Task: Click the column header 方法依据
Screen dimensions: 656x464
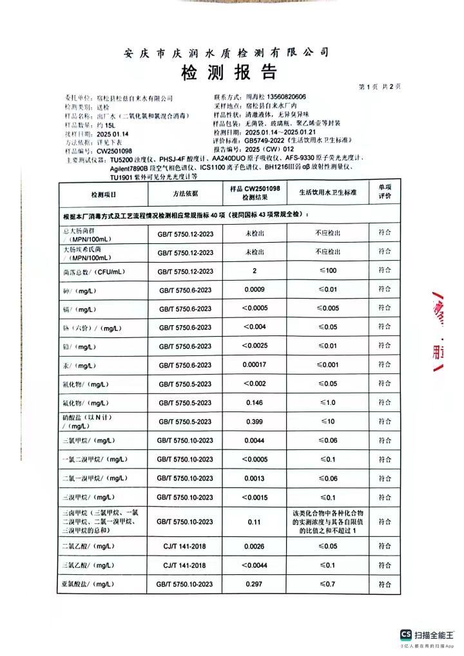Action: click(185, 193)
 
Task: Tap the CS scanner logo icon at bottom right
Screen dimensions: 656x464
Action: click(407, 634)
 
